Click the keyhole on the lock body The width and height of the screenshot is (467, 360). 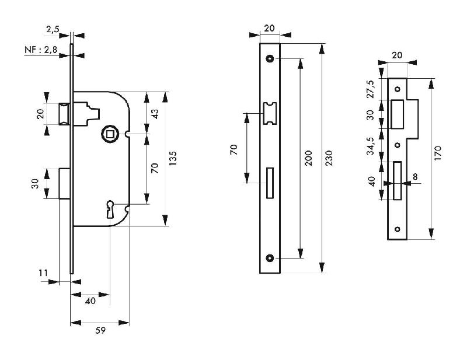[x=110, y=209]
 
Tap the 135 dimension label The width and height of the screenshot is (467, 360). [x=172, y=159]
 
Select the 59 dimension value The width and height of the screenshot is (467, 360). [x=100, y=331]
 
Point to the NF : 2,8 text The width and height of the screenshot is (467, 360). [x=40, y=51]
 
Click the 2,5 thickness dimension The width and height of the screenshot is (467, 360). [x=53, y=29]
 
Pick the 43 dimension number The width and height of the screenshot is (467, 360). [x=155, y=113]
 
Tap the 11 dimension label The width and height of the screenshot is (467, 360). [x=42, y=272]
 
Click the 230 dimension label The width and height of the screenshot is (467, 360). [x=329, y=158]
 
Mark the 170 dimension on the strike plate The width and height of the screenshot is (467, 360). [x=438, y=153]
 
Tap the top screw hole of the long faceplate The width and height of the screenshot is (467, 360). [x=270, y=58]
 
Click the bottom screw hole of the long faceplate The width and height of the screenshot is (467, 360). [x=270, y=258]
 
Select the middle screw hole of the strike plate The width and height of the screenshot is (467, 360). [x=397, y=145]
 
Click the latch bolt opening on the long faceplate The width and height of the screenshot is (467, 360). [x=270, y=113]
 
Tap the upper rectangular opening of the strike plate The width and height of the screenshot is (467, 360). [x=399, y=114]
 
